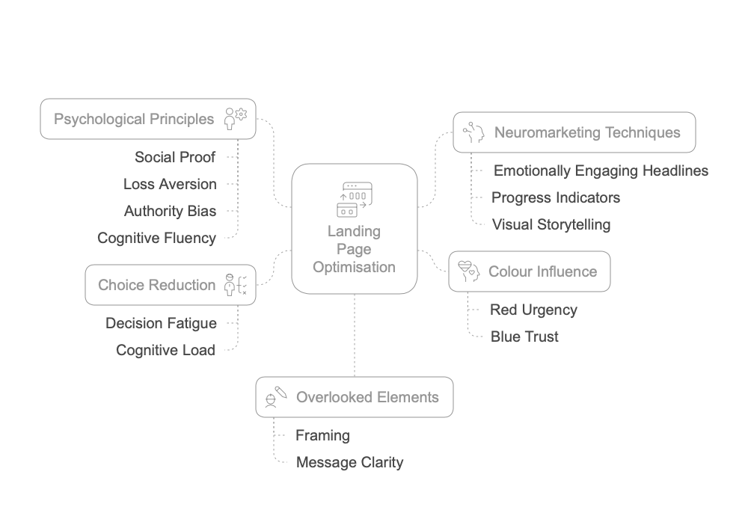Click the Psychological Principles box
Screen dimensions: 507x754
[x=147, y=119]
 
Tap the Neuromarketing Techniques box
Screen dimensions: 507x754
[x=574, y=133]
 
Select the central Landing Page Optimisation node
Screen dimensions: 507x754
[x=354, y=229]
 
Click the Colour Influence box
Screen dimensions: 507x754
[x=529, y=271]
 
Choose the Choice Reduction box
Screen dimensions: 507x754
[x=171, y=285]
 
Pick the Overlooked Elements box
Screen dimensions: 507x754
[x=354, y=397]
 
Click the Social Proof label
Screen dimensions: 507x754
[x=175, y=157]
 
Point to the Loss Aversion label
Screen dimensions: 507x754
[x=170, y=184]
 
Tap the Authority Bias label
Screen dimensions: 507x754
[x=170, y=211]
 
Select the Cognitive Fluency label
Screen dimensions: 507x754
[x=156, y=238]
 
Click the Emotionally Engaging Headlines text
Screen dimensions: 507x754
[x=601, y=170]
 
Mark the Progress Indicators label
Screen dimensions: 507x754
[x=555, y=197]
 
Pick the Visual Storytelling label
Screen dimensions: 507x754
[x=551, y=224]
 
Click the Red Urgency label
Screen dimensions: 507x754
[x=533, y=310]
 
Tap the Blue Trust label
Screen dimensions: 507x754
[x=524, y=337]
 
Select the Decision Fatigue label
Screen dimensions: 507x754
[x=161, y=323]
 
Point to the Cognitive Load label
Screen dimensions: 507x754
[x=165, y=350]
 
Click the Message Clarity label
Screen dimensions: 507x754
[x=349, y=462]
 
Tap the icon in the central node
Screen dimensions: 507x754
[x=354, y=199]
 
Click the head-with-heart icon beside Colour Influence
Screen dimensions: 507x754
[x=468, y=271]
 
